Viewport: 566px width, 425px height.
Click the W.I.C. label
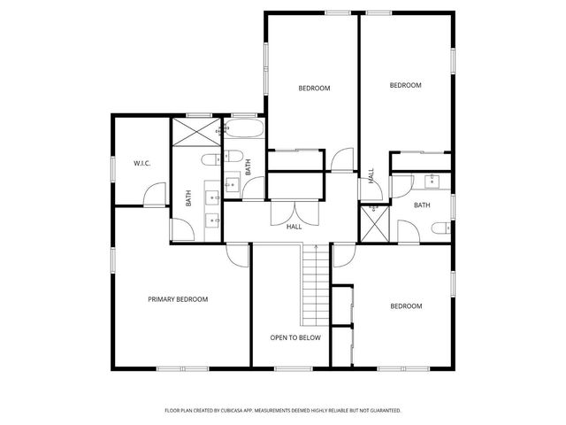pos(141,163)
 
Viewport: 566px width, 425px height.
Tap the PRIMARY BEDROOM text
pos(177,299)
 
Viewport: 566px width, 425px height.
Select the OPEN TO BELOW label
pos(295,337)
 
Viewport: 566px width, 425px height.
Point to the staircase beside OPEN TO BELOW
pos(315,285)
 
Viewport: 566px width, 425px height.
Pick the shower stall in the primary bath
pos(195,132)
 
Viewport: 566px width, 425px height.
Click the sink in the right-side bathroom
pos(432,182)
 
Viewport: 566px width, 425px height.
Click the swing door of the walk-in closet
pos(156,194)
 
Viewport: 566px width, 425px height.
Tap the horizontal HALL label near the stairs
pos(294,227)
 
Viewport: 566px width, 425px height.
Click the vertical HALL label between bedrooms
pos(371,175)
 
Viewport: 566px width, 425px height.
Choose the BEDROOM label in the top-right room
pos(405,85)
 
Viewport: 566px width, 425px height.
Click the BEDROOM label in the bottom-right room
pos(406,305)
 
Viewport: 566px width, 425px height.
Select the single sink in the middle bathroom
pos(232,184)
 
